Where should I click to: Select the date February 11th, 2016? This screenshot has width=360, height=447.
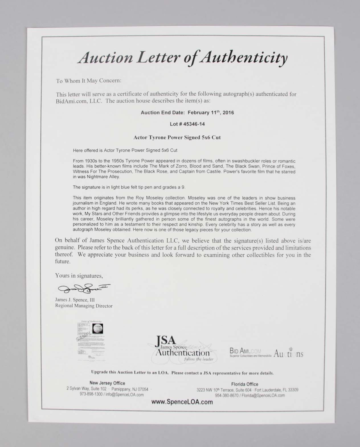click(211, 112)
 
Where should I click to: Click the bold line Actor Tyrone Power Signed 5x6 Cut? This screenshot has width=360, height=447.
click(177, 137)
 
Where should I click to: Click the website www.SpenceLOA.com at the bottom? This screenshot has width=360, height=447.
click(182, 402)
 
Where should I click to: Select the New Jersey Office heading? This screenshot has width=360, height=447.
click(107, 383)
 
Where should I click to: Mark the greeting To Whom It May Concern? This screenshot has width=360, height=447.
click(89, 81)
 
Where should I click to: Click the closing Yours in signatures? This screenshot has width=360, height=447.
click(79, 276)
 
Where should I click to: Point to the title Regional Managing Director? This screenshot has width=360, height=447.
click(84, 306)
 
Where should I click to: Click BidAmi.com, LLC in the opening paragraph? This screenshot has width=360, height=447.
click(78, 101)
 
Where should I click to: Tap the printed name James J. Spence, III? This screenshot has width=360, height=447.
click(75, 300)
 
